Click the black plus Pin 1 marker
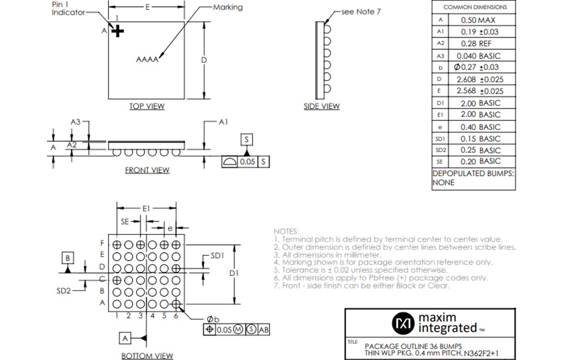click(118, 32)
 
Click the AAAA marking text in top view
click(147, 59)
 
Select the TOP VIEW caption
click(147, 106)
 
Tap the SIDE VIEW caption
click(322, 106)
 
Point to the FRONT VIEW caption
click(147, 170)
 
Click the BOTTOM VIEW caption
click(147, 356)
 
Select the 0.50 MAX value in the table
click(478, 20)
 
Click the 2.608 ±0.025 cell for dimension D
click(478, 79)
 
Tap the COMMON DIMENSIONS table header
click(474, 7)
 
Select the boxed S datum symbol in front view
click(247, 139)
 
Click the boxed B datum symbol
click(68, 258)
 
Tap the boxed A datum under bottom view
click(125, 338)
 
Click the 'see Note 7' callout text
click(361, 11)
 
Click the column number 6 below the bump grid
click(176, 316)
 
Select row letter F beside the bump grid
click(103, 244)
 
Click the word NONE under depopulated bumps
click(443, 183)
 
